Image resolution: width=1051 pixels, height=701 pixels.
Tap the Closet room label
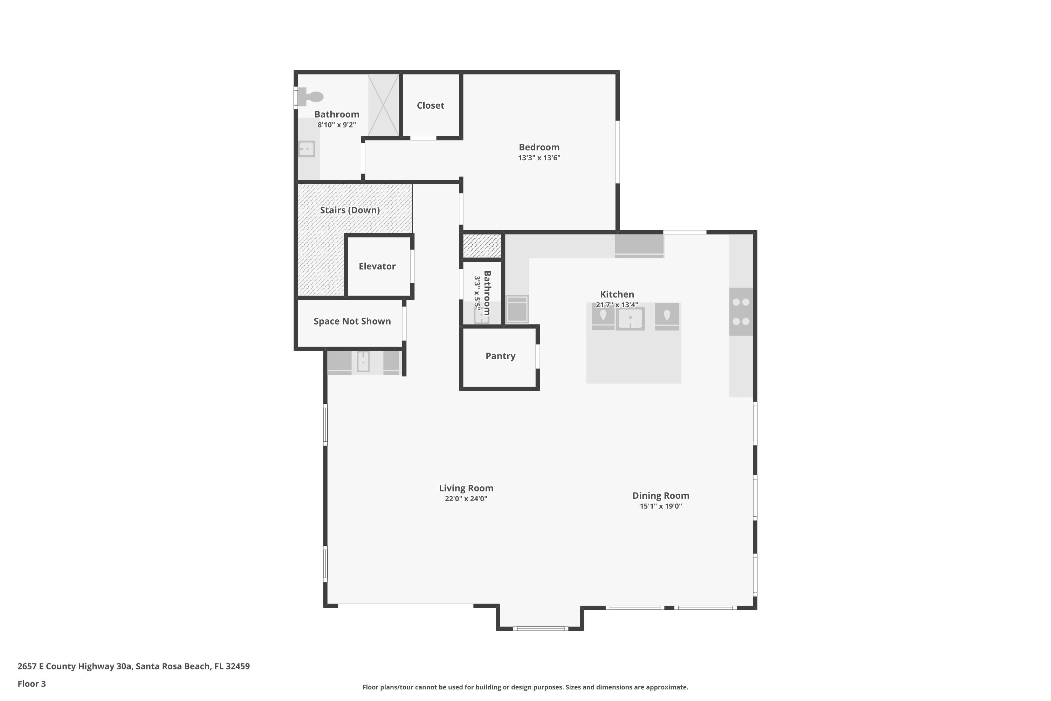pos(430,106)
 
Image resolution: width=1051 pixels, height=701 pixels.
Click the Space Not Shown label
pos(352,321)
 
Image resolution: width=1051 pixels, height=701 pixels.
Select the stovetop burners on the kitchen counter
pos(741,312)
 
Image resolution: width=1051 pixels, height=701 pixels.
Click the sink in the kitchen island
pos(630,319)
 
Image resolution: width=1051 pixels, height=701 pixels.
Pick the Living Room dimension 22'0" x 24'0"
pos(466,499)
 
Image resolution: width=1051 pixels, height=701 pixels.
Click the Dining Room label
pos(660,496)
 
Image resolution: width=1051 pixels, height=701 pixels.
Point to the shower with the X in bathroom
pos(383,106)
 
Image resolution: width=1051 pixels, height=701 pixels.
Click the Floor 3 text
pos(32,683)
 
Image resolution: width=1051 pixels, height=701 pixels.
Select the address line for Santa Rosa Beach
pos(133,666)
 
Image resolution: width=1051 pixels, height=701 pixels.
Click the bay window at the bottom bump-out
pos(540,628)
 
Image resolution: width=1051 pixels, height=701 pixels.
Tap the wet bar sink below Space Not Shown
pos(363,362)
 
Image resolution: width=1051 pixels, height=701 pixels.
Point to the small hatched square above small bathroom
pos(482,246)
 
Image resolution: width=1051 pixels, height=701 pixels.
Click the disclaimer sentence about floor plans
pos(525,687)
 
